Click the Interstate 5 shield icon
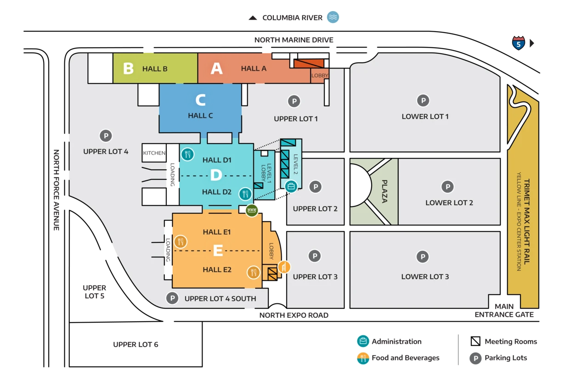click(519, 43)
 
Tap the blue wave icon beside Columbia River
click(333, 17)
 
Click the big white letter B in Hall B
click(128, 68)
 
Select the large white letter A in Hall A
click(216, 68)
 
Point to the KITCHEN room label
click(154, 153)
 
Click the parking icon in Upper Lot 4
click(106, 136)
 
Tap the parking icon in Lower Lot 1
click(423, 101)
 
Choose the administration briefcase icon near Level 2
click(291, 186)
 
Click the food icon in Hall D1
click(188, 154)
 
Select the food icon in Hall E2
click(253, 273)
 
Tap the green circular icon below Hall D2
click(252, 210)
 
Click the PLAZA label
click(384, 191)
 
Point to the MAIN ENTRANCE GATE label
click(504, 311)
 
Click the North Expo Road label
click(294, 315)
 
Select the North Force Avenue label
click(57, 190)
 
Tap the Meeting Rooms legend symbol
click(475, 341)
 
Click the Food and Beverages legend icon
click(363, 358)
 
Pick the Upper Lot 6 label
click(136, 344)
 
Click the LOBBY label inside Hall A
click(320, 76)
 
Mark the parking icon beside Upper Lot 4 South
click(172, 298)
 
